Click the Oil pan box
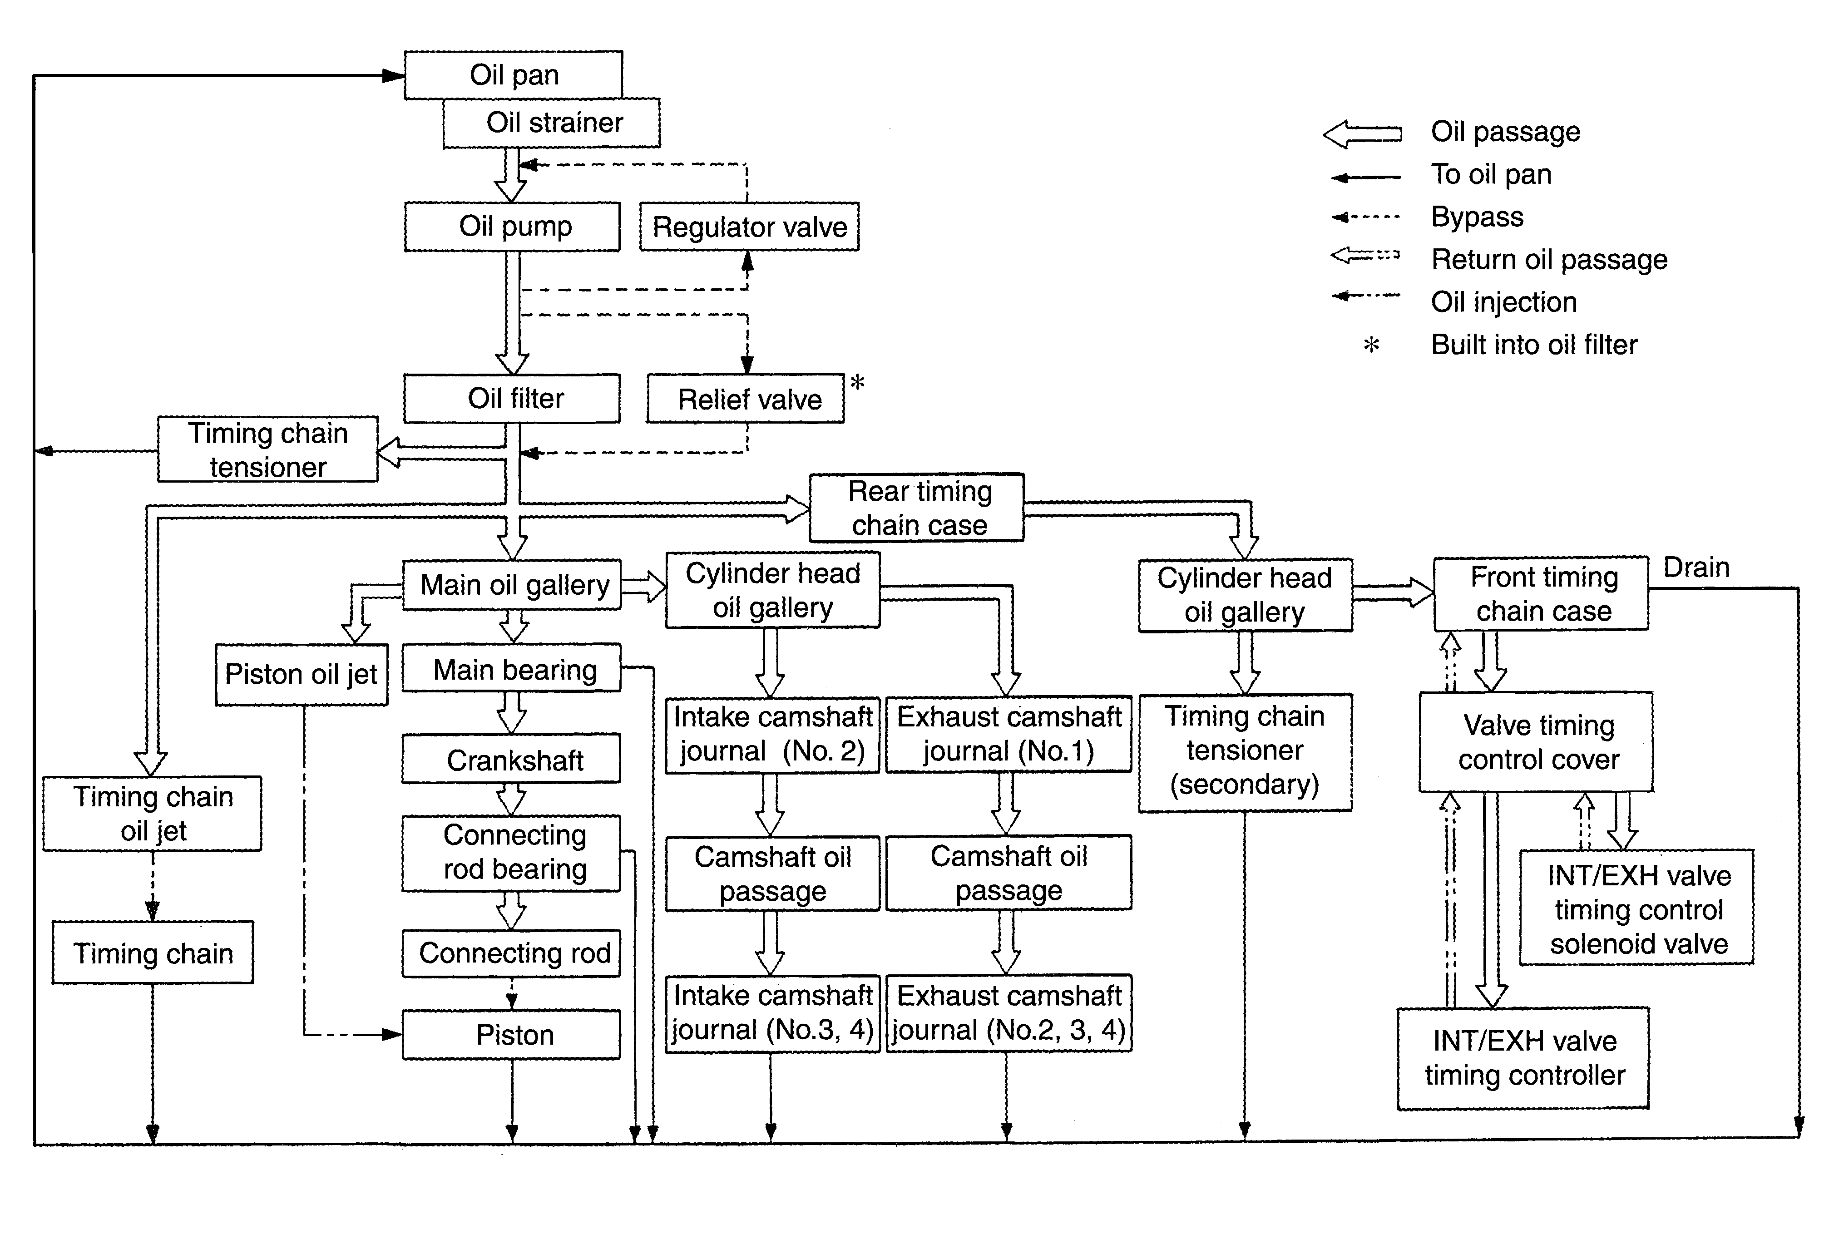513,75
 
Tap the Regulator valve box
749,227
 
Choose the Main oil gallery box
513,585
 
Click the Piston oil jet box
302,675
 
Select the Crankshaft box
513,760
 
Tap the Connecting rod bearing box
513,853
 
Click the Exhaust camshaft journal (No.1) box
1008,734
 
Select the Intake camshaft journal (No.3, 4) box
772,1013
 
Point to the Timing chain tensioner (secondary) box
1245,751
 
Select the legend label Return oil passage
1548,260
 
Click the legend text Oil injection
1503,302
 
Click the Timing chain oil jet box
152,813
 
